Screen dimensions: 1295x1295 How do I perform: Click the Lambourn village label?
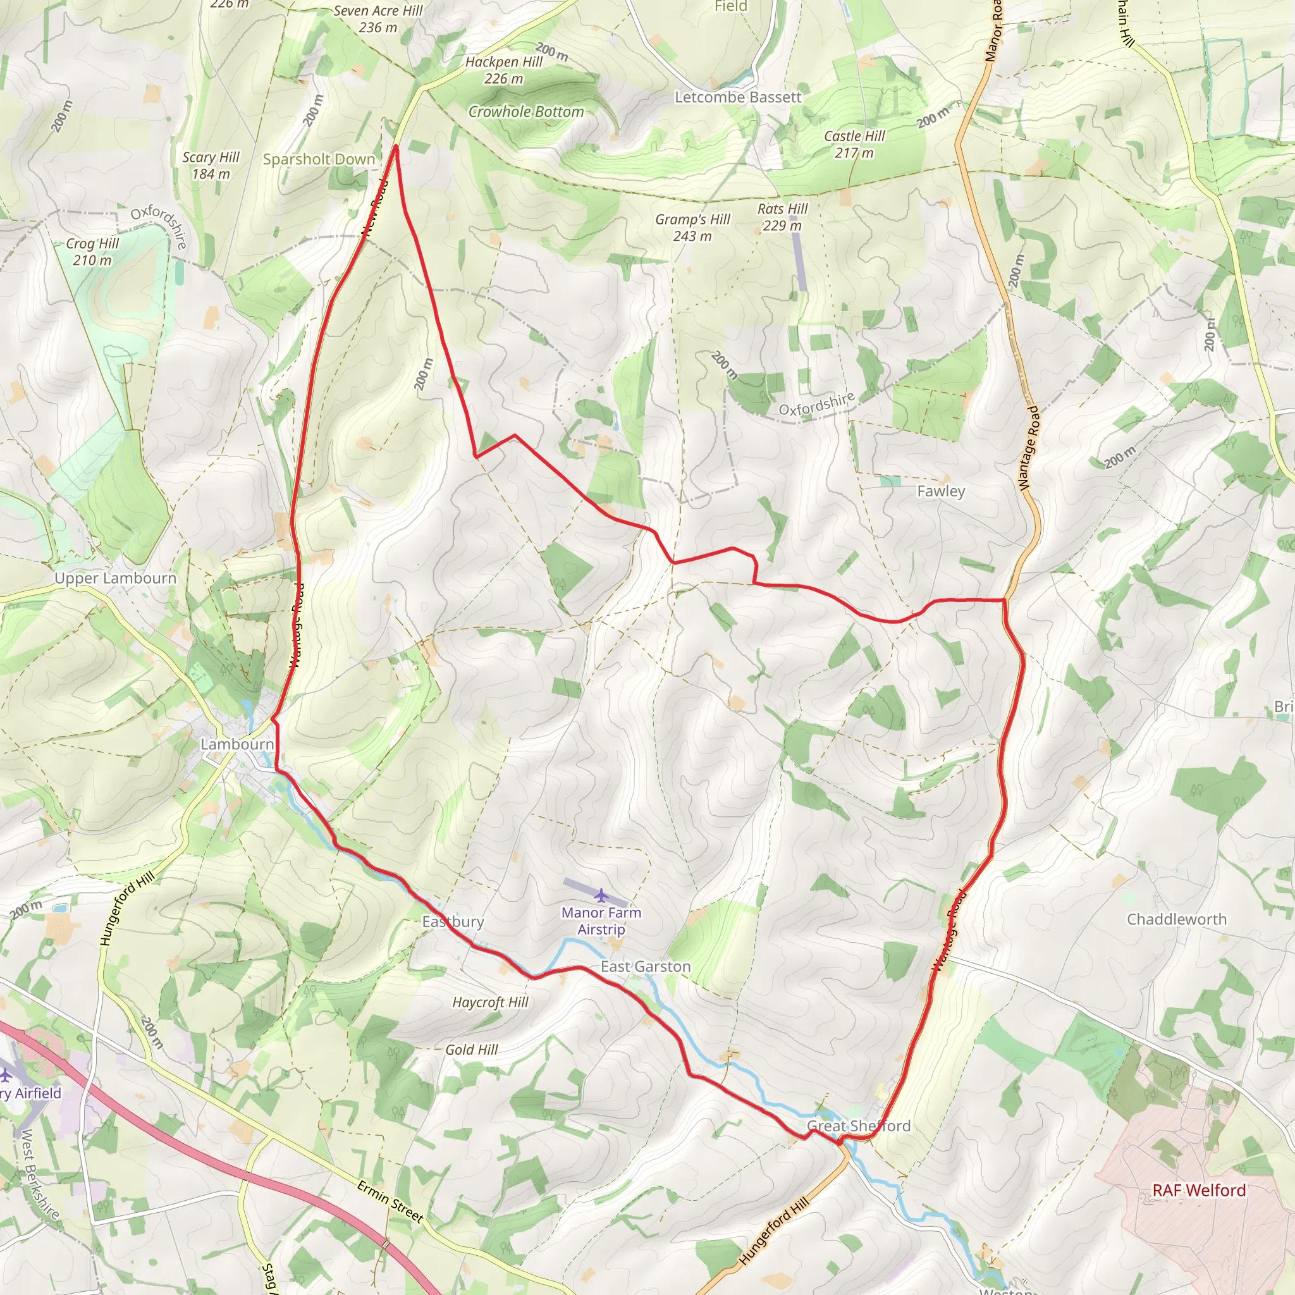pos(237,744)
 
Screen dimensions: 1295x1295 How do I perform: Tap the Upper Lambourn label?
pos(115,578)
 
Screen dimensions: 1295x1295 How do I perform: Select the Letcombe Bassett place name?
pos(738,97)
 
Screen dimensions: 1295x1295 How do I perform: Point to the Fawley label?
pos(941,491)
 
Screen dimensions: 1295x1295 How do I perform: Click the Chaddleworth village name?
pos(1176,919)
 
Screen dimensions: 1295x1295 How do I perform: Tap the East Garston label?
pos(646,966)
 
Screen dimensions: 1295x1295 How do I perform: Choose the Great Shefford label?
pos(859,1126)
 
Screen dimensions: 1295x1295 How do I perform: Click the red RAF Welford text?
pos(1199,1190)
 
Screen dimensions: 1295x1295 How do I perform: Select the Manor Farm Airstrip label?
pos(601,920)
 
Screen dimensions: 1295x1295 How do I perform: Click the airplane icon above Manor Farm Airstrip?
pos(601,895)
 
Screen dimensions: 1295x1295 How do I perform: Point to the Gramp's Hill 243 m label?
pos(692,227)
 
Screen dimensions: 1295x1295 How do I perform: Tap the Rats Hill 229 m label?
pos(782,216)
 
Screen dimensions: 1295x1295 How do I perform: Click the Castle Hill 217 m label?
pos(855,144)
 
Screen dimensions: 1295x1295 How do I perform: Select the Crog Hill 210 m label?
pos(92,252)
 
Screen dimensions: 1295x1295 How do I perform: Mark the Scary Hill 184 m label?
pos(211,165)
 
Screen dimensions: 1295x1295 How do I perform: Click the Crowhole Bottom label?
pos(526,111)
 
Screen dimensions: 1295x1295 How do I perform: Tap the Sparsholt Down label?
pos(319,159)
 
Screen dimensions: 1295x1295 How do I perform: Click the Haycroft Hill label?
pos(490,1002)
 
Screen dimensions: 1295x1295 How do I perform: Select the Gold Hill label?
pos(472,1050)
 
